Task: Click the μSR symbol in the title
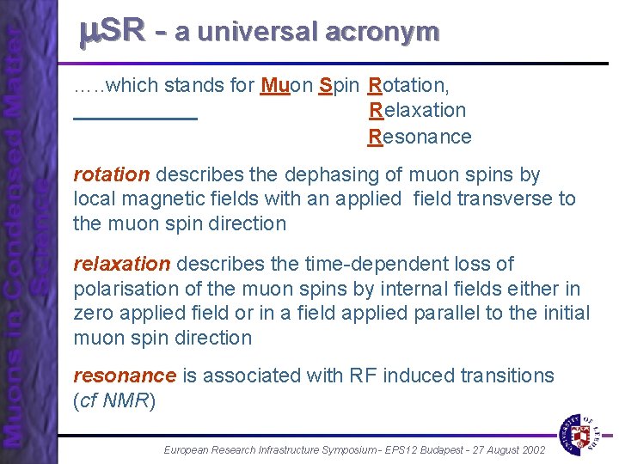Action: pos(111,32)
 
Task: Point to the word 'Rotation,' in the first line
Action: pos(408,86)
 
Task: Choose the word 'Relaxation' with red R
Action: pos(417,111)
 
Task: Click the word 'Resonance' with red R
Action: pos(420,137)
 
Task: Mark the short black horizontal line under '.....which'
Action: pos(136,118)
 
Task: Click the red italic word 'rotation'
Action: pos(111,175)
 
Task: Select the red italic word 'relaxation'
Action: pos(122,265)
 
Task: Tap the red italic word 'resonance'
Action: pos(125,376)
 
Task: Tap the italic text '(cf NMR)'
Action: pos(114,400)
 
